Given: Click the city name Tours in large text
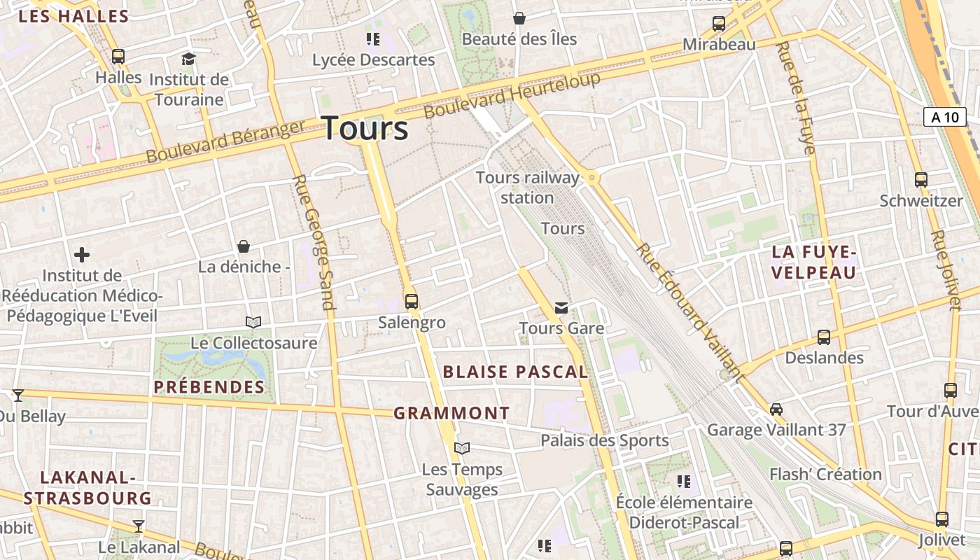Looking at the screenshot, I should tap(365, 129).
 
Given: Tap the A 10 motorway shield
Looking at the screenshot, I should tap(945, 117).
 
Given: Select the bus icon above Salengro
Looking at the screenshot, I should tap(412, 302).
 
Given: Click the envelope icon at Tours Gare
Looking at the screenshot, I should tap(561, 307).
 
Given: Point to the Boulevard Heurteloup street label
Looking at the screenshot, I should tap(512, 94).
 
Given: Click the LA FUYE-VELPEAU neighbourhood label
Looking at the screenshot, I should tap(814, 262).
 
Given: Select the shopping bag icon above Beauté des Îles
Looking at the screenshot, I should tap(519, 17).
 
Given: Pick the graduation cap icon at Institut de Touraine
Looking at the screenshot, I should tap(188, 59).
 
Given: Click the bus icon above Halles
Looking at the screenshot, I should tap(118, 57).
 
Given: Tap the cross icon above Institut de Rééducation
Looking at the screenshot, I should tap(82, 255).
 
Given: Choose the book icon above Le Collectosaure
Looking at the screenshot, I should tap(253, 322).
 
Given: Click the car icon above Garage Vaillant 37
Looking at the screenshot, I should tap(776, 409).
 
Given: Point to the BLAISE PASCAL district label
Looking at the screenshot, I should tap(515, 372).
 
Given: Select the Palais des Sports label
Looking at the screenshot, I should tap(605, 440).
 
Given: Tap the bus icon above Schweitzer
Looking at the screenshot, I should tap(921, 179).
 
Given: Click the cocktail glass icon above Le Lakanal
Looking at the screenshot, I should tap(139, 526).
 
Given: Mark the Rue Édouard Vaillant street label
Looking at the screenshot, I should tap(689, 312).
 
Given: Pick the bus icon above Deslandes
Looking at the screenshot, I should tap(824, 337).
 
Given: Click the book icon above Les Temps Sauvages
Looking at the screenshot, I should tap(462, 448).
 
